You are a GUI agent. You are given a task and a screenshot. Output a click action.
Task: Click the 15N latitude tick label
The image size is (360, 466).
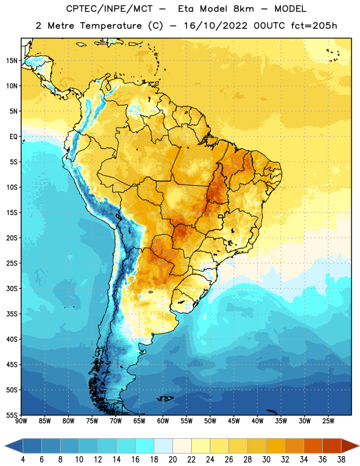pyautogui.click(x=12, y=61)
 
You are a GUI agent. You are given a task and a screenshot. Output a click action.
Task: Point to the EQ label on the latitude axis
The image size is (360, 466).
pyautogui.click(x=13, y=137)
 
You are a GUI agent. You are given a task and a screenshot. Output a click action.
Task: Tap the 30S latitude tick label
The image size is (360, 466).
pyautogui.click(x=12, y=288)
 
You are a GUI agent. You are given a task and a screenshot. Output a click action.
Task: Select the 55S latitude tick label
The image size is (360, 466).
pyautogui.click(x=12, y=415)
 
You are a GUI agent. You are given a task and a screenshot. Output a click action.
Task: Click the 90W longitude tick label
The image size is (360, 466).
pyautogui.click(x=21, y=421)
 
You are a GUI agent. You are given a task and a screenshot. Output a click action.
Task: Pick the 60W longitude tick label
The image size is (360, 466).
pyautogui.click(x=163, y=421)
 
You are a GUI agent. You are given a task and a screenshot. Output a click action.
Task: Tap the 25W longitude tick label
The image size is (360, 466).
pyautogui.click(x=328, y=421)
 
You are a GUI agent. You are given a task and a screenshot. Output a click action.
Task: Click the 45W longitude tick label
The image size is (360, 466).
pyautogui.click(x=234, y=421)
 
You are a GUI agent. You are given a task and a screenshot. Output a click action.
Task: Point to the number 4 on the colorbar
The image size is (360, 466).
pyautogui.click(x=23, y=460)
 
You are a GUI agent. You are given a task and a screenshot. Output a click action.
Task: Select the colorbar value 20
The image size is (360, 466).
pyautogui.click(x=172, y=460)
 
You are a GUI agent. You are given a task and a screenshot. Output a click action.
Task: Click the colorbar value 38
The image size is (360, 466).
pyautogui.click(x=341, y=460)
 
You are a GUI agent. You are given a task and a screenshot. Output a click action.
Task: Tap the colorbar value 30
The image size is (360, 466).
pyautogui.click(x=266, y=460)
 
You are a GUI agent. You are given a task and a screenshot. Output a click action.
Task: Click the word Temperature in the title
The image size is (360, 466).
pyautogui.click(x=111, y=26)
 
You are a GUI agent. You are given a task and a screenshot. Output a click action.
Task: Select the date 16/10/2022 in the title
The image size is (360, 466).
pyautogui.click(x=216, y=26)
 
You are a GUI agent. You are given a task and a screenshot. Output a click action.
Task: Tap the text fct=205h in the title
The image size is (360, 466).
pyautogui.click(x=314, y=26)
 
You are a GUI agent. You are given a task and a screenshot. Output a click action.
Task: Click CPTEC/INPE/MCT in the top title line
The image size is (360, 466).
pyautogui.click(x=110, y=9)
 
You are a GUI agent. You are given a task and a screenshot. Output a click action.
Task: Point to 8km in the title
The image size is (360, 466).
pyautogui.click(x=243, y=9)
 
